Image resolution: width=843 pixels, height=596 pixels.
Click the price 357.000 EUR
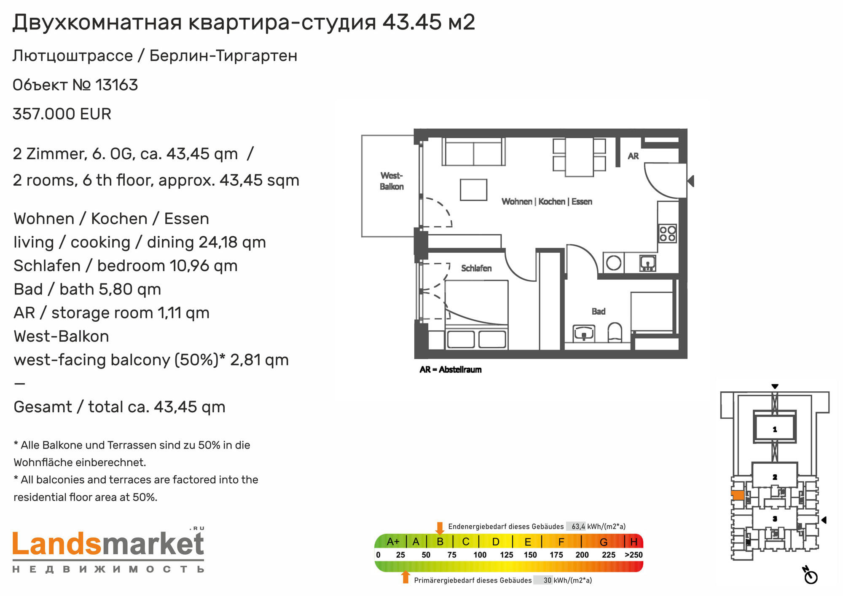click(62, 114)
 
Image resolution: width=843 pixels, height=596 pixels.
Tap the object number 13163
click(117, 85)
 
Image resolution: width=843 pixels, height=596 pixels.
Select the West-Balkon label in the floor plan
click(392, 181)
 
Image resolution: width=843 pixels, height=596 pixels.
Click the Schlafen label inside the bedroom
click(476, 268)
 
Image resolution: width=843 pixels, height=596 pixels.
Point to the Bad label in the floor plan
click(599, 311)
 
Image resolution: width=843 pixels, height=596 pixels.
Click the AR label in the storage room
click(633, 156)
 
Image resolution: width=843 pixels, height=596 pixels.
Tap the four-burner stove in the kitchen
click(668, 233)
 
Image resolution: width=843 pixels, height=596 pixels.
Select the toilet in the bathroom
click(615, 332)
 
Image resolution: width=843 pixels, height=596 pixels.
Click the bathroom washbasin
click(584, 333)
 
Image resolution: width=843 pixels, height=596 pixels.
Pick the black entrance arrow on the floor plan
click(691, 181)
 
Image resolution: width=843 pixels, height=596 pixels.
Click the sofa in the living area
click(473, 152)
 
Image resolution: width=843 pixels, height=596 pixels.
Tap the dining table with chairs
click(580, 157)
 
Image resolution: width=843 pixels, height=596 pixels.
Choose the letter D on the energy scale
click(496, 542)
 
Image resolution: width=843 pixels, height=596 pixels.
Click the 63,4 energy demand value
click(578, 527)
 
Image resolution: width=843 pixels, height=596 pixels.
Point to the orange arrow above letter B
click(440, 528)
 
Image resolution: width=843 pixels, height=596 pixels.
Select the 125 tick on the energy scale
click(507, 555)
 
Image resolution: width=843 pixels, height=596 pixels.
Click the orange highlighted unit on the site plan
click(738, 495)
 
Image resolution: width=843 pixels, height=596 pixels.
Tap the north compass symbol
click(810, 576)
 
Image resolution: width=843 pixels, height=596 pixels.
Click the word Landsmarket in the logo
click(108, 545)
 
